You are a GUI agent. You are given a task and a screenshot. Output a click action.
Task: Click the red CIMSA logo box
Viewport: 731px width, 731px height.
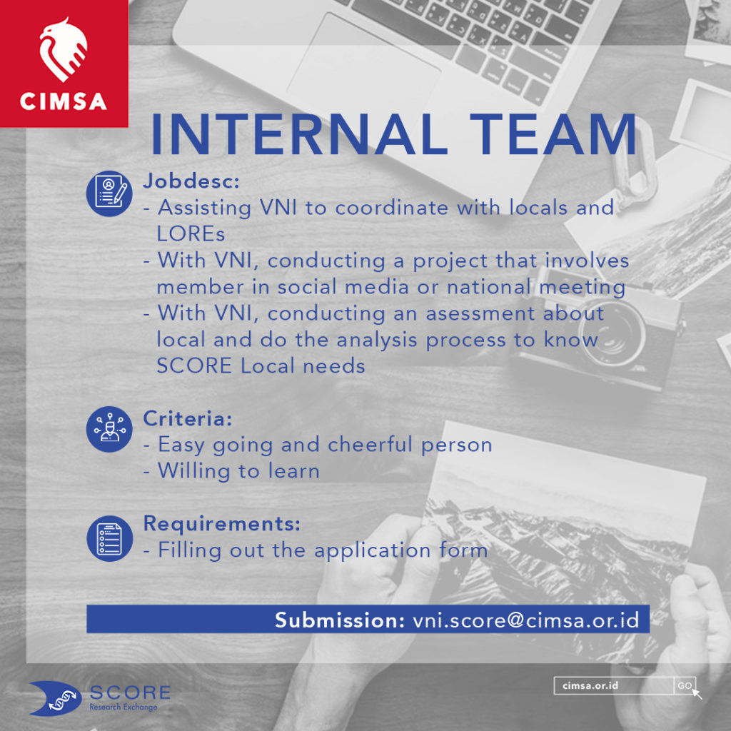[64, 64]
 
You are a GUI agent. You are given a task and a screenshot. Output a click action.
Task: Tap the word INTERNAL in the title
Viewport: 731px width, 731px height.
[298, 134]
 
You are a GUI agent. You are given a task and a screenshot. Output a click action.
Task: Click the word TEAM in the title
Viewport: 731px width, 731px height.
[553, 134]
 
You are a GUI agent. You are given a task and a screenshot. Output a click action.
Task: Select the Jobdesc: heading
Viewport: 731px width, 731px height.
[191, 181]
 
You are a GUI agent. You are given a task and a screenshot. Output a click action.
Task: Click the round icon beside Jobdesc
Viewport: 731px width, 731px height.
[109, 193]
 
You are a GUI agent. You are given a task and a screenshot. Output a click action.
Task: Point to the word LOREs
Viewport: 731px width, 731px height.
[191, 234]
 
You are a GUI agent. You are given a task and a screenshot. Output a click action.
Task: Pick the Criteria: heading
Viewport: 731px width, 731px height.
[188, 418]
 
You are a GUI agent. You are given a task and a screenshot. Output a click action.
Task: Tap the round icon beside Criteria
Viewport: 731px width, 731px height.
[109, 429]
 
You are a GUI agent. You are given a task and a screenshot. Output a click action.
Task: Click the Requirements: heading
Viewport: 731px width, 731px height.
[221, 523]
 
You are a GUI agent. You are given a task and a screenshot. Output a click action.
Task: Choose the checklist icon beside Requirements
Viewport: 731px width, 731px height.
[109, 538]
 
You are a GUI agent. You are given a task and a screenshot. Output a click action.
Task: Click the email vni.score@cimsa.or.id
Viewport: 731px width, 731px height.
[526, 620]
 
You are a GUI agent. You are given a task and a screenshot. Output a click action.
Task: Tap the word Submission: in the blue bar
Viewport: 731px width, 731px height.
[340, 620]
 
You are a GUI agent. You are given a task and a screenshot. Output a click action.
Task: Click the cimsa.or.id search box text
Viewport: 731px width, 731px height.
[590, 685]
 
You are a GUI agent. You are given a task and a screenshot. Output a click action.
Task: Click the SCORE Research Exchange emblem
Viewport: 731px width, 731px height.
[56, 698]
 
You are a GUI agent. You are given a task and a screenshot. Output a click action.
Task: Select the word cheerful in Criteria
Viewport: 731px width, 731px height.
[370, 444]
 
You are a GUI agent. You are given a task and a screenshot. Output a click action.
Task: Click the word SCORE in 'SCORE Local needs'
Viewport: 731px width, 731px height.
[194, 366]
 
